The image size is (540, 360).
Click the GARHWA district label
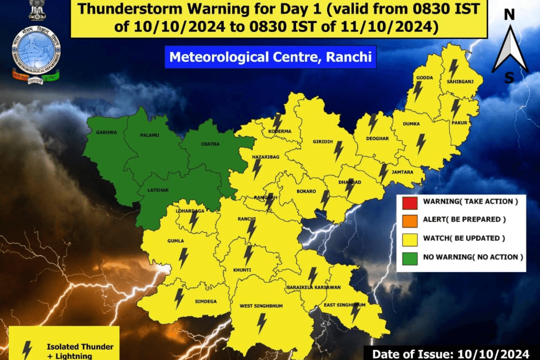click(106, 132)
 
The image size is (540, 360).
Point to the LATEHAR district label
click(158, 190)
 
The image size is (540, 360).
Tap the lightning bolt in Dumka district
click(421, 144)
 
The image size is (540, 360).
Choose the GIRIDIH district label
click(323, 142)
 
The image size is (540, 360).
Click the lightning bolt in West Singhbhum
click(261, 323)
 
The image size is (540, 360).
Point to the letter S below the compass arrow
click(509, 78)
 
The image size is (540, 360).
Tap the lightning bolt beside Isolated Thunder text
click(27, 349)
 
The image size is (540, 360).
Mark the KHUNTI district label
click(242, 270)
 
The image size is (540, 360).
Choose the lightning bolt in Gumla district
click(183, 258)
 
